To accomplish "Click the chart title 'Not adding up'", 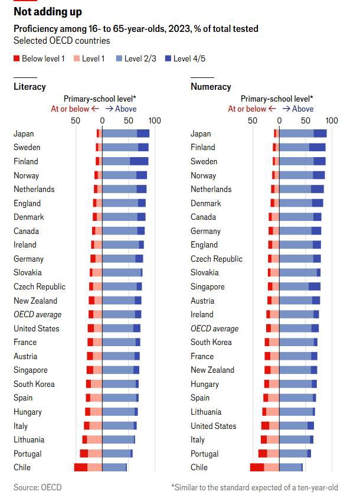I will (x=48, y=12).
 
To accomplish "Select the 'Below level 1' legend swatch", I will (x=17, y=58).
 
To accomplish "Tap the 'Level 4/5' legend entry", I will (x=169, y=58).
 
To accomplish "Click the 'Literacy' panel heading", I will (x=30, y=87).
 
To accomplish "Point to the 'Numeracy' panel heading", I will (x=211, y=87).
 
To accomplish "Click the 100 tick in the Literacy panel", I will (x=155, y=121).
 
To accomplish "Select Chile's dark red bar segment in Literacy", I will (x=80, y=467).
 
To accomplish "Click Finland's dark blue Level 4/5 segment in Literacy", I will (x=139, y=161).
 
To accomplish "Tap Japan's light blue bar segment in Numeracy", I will (x=296, y=133).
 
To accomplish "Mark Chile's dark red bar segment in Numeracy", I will (x=257, y=467).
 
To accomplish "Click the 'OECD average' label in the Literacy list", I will (x=37, y=314).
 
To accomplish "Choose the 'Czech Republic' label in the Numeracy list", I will (x=216, y=259).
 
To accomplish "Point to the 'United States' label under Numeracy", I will (x=213, y=426).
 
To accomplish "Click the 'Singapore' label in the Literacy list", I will (x=30, y=370).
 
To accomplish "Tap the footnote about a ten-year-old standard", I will (x=254, y=487).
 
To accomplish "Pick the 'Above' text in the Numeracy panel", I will (x=303, y=109).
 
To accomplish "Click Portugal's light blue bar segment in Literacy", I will (x=116, y=454).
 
